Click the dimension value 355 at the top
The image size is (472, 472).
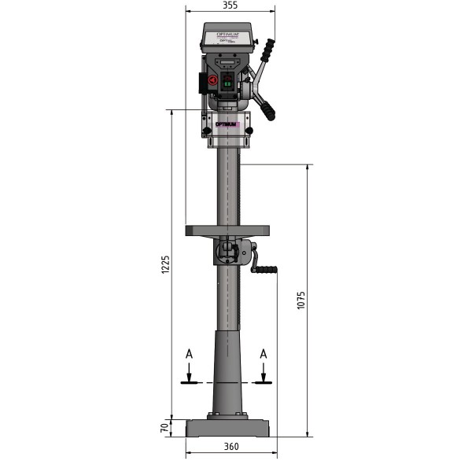230,6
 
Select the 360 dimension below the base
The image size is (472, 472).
230,447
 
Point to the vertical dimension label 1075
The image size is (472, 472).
301,301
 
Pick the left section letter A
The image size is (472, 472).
189,355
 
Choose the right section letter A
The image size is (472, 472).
264,355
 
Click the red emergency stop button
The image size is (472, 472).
212,80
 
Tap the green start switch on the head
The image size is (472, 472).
229,83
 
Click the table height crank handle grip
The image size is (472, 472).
265,271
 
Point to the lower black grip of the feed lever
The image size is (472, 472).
270,109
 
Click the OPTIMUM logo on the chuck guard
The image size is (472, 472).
227,124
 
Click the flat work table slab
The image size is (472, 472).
227,230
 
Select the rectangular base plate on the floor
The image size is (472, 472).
227,429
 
